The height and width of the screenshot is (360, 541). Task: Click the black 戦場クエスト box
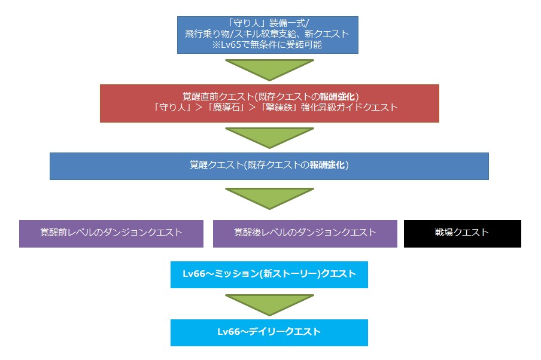462,233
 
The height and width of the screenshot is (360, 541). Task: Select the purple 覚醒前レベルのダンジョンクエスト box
111,233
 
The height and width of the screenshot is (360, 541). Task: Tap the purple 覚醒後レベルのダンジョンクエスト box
305,233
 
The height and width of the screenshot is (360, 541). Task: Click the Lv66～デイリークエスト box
269,332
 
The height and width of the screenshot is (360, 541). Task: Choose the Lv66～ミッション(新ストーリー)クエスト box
269,274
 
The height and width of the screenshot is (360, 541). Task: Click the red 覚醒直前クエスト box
269,103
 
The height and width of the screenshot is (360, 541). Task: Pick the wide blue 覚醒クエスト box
269,166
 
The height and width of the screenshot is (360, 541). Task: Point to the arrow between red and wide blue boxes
269,137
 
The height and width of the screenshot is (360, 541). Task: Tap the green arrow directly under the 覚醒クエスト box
269,198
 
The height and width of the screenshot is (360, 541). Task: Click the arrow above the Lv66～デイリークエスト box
269,304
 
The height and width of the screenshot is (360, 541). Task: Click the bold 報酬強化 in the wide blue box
327,166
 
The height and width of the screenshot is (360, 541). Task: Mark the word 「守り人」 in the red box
174,108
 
